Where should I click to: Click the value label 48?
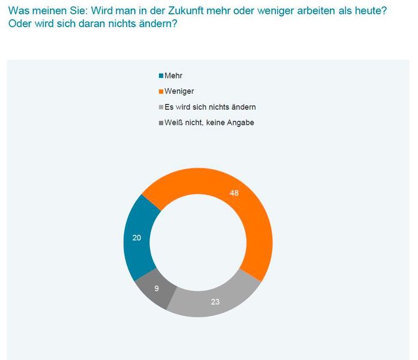coord(234,193)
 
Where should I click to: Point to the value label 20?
coord(137,238)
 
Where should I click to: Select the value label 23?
coord(215,302)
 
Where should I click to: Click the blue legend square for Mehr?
coord(161,76)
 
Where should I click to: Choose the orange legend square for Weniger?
coord(161,92)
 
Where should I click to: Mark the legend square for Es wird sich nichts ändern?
coord(161,107)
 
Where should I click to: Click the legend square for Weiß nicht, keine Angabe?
coord(161,123)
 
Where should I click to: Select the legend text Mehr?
coord(173,76)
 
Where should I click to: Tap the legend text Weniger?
coord(179,92)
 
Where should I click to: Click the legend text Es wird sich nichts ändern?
coord(210,107)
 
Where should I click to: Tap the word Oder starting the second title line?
coord(20,24)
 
